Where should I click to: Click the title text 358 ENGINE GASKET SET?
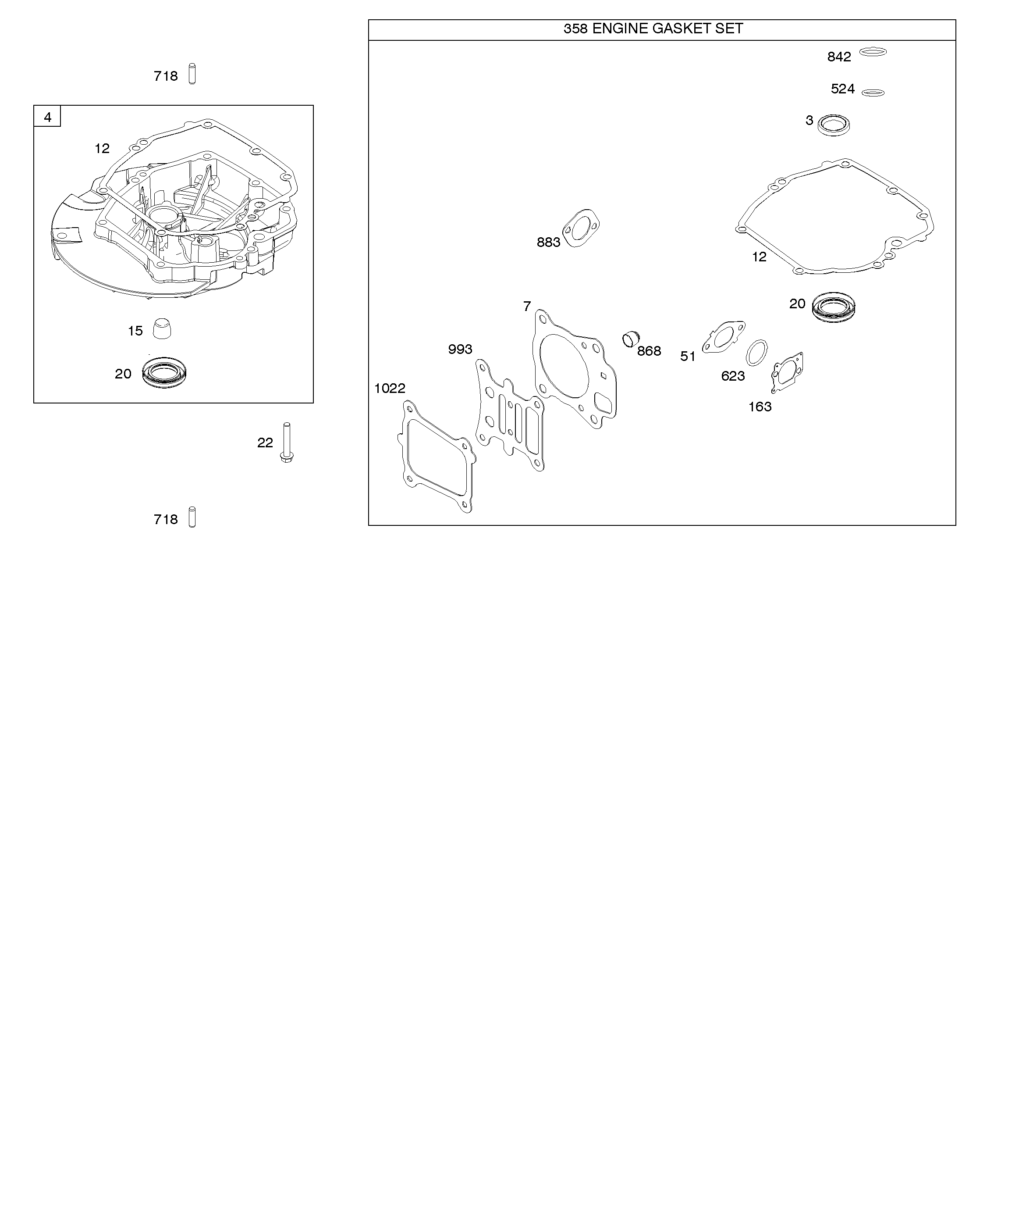[x=653, y=29]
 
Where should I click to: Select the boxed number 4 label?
[x=47, y=117]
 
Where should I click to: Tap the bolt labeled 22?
[x=286, y=443]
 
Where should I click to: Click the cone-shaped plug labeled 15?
[x=162, y=328]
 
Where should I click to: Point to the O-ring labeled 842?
[x=873, y=52]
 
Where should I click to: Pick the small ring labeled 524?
[x=873, y=92]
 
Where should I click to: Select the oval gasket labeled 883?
[x=581, y=229]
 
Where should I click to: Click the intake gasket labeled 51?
[x=723, y=337]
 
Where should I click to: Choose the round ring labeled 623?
[x=756, y=353]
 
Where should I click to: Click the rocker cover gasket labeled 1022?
[x=436, y=457]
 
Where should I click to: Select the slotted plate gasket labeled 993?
[x=509, y=415]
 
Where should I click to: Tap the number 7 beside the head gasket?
[x=526, y=306]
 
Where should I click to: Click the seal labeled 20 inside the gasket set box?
[x=834, y=307]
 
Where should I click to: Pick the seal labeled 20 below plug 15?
[x=164, y=373]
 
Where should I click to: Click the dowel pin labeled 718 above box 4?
[x=192, y=74]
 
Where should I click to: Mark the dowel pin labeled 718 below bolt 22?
[x=192, y=517]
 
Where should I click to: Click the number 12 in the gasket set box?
[x=759, y=257]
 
